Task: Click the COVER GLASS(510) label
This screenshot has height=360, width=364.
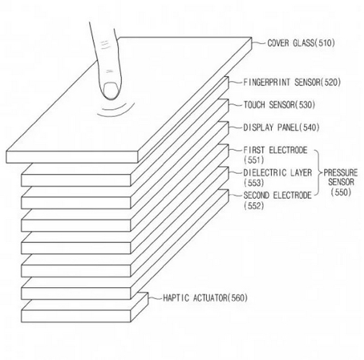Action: click(301, 43)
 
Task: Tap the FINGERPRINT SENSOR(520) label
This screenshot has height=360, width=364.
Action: click(292, 82)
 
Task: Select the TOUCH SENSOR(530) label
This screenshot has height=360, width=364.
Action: click(279, 105)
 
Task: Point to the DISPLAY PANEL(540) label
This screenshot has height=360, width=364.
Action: click(281, 127)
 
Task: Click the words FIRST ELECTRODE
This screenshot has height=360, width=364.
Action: click(275, 150)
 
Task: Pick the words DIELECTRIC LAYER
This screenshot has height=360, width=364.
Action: click(277, 173)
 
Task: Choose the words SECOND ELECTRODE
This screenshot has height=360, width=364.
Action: click(277, 195)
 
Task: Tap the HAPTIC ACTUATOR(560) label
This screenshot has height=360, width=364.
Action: click(205, 298)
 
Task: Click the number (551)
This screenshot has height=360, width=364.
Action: click(254, 160)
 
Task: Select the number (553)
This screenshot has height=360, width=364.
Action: click(254, 182)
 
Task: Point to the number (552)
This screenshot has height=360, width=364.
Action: click(254, 205)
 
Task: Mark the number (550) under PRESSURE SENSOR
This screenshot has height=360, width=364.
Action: click(341, 192)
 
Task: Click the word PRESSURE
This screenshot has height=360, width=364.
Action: click(341, 173)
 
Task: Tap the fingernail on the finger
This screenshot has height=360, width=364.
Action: click(110, 90)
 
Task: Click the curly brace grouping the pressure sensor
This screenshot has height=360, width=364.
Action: click(318, 173)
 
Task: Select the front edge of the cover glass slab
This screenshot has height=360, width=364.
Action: click(72, 157)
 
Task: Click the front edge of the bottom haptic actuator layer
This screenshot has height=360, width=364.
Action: click(76, 316)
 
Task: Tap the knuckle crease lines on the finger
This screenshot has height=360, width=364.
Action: click(105, 44)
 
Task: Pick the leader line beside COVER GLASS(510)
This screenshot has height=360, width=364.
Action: click(258, 43)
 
